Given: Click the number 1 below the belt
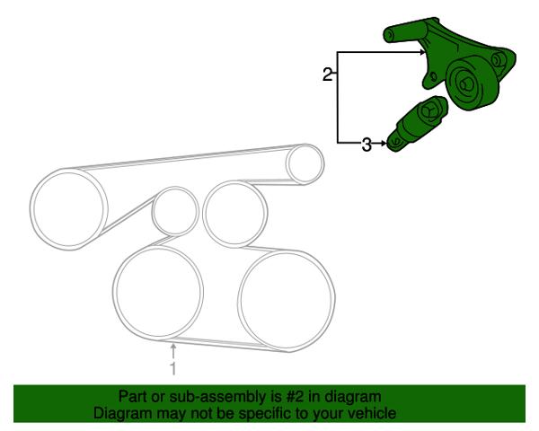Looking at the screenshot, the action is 173,368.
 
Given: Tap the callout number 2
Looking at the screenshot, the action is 328,75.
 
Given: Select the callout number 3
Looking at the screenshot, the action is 367,145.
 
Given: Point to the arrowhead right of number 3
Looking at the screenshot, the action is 384,143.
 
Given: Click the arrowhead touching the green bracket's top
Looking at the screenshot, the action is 423,52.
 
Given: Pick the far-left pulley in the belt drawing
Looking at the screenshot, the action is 69,209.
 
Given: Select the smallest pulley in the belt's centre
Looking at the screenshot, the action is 175,211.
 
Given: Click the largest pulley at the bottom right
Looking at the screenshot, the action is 287,300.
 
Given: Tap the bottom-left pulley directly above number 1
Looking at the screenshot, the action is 158,293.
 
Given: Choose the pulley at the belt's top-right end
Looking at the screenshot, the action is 305,164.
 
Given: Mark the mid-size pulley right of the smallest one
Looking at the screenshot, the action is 234,214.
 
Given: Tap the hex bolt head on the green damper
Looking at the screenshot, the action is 428,111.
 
